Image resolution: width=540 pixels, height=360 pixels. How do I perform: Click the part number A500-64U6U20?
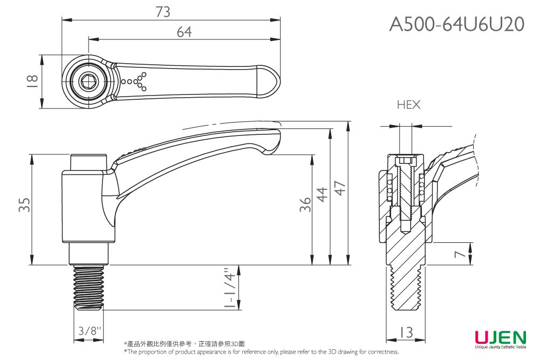(457, 24)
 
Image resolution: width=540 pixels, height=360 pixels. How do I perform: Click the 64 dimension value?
(184, 32)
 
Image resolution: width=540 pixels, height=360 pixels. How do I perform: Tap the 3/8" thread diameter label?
(88, 330)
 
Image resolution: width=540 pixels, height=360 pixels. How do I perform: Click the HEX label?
(408, 105)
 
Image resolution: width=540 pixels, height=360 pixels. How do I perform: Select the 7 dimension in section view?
(460, 254)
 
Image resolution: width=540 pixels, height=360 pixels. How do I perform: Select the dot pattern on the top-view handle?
(135, 81)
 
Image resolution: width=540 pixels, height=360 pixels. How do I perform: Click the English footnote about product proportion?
(261, 352)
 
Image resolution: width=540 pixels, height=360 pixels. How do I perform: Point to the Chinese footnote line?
(183, 344)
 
